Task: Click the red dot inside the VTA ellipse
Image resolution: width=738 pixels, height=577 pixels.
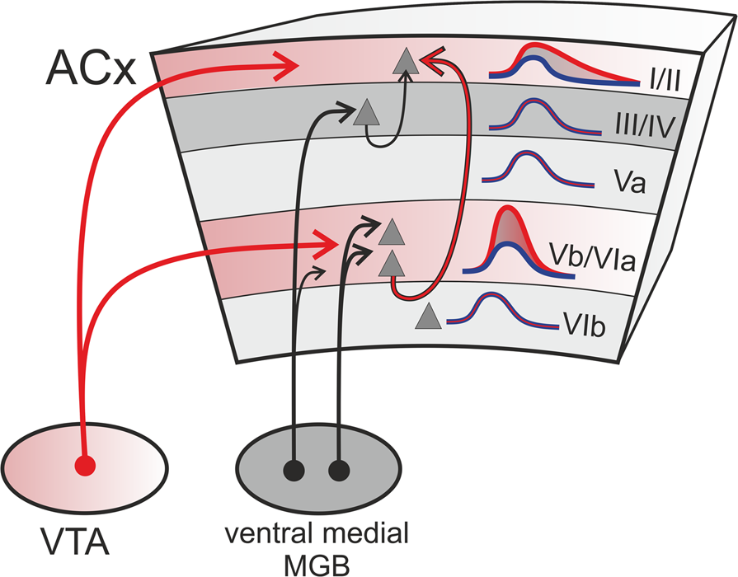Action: [x=85, y=466]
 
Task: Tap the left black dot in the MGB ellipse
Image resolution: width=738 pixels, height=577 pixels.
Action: [x=294, y=471]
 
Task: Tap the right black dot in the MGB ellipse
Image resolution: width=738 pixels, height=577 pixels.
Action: [x=338, y=471]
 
